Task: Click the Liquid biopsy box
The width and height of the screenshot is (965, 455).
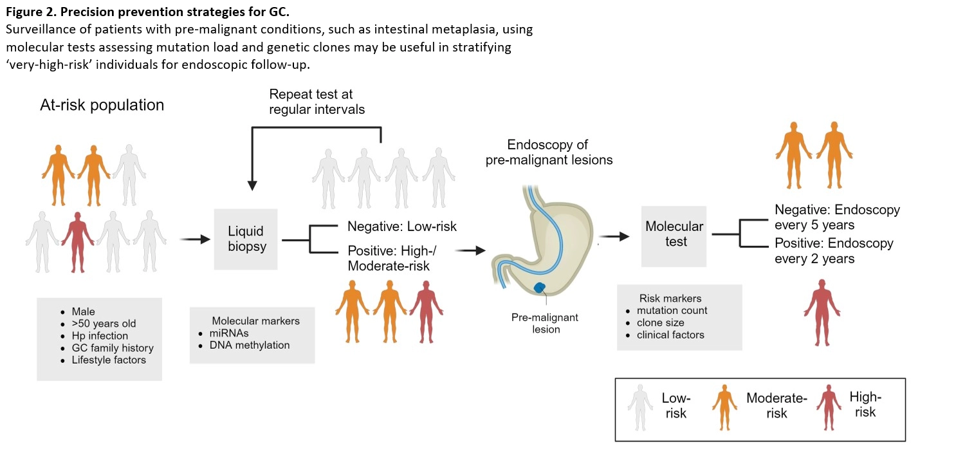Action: [x=246, y=239]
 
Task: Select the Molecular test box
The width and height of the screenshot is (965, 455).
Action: [x=674, y=235]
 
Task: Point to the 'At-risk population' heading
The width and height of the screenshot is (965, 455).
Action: [x=102, y=105]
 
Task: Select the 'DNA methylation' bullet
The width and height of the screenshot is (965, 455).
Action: [x=250, y=345]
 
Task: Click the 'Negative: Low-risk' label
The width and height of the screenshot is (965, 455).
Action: [x=402, y=227]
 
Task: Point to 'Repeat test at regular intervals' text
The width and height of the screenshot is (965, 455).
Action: [x=317, y=102]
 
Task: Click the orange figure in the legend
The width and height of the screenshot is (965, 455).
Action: [x=725, y=407]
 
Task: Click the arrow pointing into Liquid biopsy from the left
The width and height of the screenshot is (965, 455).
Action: [x=196, y=239]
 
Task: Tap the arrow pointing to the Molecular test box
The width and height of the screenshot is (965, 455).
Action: [x=614, y=236]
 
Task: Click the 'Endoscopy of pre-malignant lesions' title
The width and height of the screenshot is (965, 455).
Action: [x=548, y=152]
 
